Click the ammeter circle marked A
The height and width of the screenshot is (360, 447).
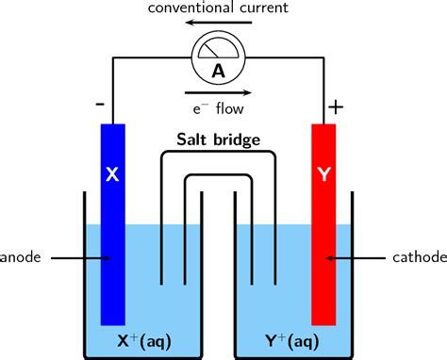pyautogui.click(x=218, y=62)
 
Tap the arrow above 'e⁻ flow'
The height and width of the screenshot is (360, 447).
pyautogui.click(x=218, y=93)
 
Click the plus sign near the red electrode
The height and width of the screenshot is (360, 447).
pyautogui.click(x=336, y=106)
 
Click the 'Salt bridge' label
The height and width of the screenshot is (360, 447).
pyautogui.click(x=219, y=140)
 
